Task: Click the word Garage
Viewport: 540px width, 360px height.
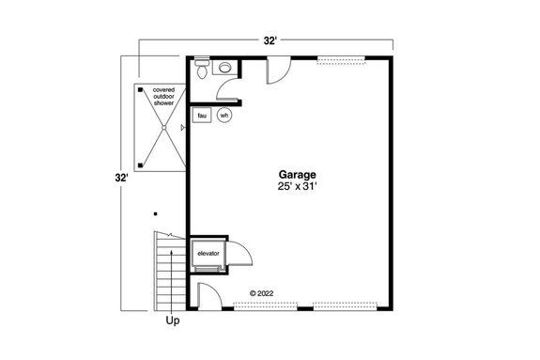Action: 297,175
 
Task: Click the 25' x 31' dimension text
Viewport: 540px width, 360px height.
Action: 297,188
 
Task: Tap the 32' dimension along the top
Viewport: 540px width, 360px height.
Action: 270,40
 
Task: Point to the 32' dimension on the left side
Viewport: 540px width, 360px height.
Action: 121,177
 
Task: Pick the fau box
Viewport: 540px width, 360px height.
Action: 202,116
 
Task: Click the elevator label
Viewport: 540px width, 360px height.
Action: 207,253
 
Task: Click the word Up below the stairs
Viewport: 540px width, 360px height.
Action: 173,321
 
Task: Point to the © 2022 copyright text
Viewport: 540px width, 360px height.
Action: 266,293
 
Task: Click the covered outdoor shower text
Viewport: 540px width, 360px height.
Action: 164,97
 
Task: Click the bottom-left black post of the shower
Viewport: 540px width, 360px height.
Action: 141,165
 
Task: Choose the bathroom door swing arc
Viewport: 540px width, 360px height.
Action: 225,87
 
